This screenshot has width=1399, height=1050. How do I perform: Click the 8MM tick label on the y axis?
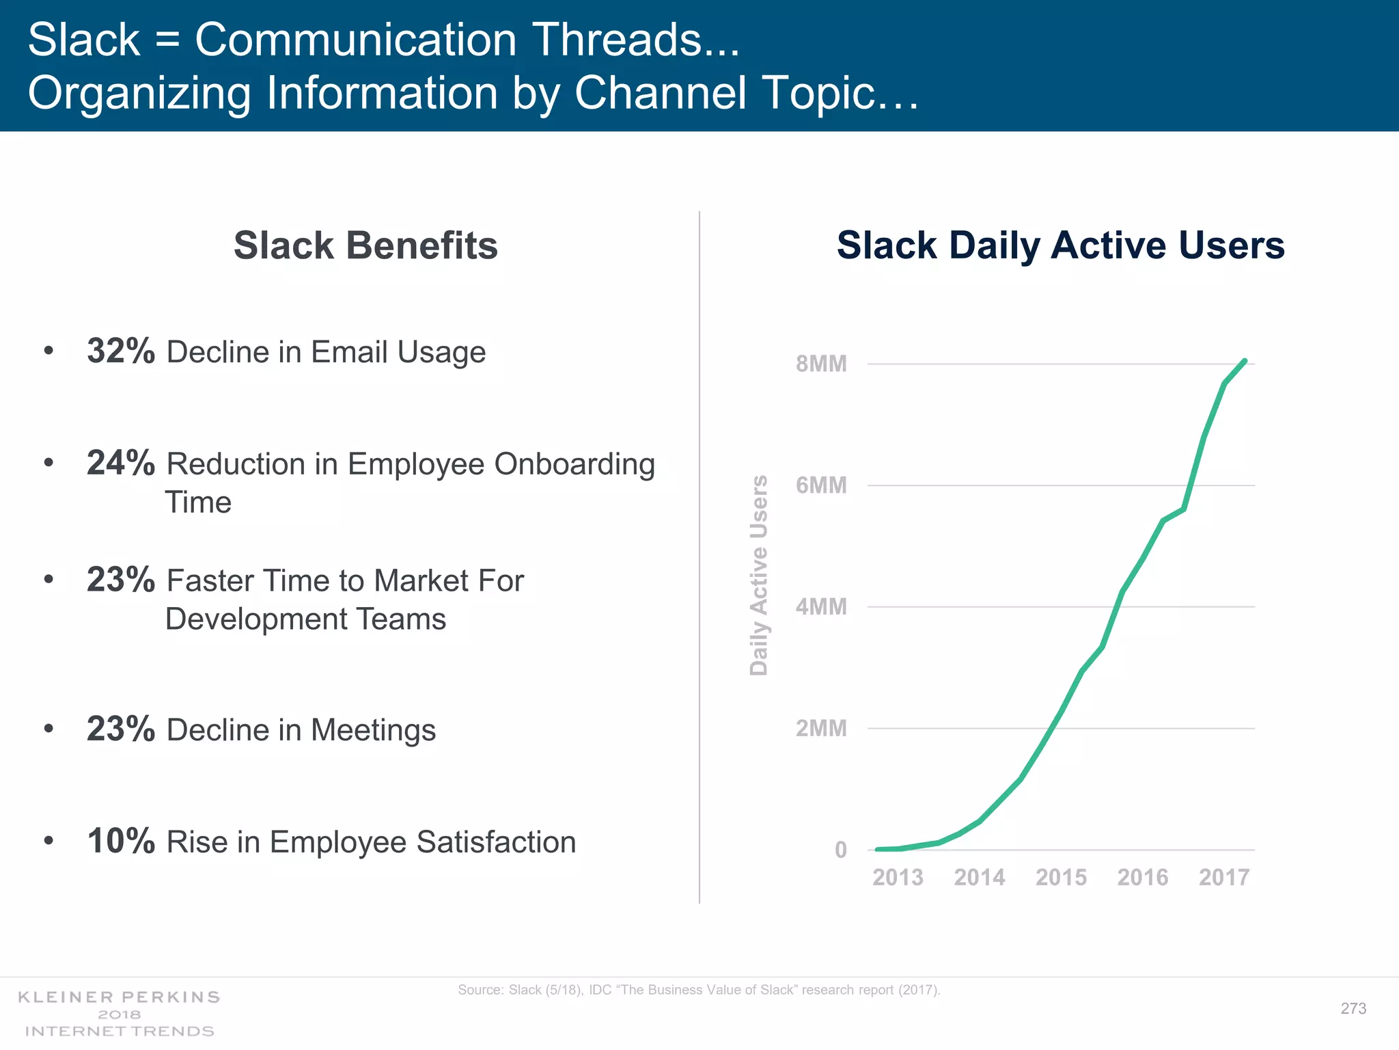coord(820,364)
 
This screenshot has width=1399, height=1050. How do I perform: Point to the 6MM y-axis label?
coord(820,485)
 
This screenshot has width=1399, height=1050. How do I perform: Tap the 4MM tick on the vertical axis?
coord(820,607)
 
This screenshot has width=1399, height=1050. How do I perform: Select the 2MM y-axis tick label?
coord(820,729)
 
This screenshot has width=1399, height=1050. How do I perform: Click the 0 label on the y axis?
coord(840,850)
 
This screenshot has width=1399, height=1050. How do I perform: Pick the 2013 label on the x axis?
coord(897,877)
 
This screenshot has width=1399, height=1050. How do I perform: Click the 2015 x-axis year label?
coord(1060,877)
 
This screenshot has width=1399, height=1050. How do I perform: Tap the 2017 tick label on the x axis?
coord(1223,877)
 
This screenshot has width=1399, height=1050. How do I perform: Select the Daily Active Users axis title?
coord(759,576)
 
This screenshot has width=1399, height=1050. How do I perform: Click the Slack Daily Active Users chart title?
coord(1060,245)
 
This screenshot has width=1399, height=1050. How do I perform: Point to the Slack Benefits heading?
coord(365,245)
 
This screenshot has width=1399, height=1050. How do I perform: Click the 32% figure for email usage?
coord(121,351)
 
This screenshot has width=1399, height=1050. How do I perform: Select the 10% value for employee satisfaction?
coord(121,841)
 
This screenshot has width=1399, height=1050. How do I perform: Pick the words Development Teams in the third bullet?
coord(305,619)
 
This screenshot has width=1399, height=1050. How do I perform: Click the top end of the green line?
coord(1245,361)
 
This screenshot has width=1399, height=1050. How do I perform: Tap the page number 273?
coord(1353,1008)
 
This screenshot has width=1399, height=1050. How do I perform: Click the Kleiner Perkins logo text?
coord(119,997)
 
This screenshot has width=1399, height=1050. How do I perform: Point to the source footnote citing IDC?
coord(699,990)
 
